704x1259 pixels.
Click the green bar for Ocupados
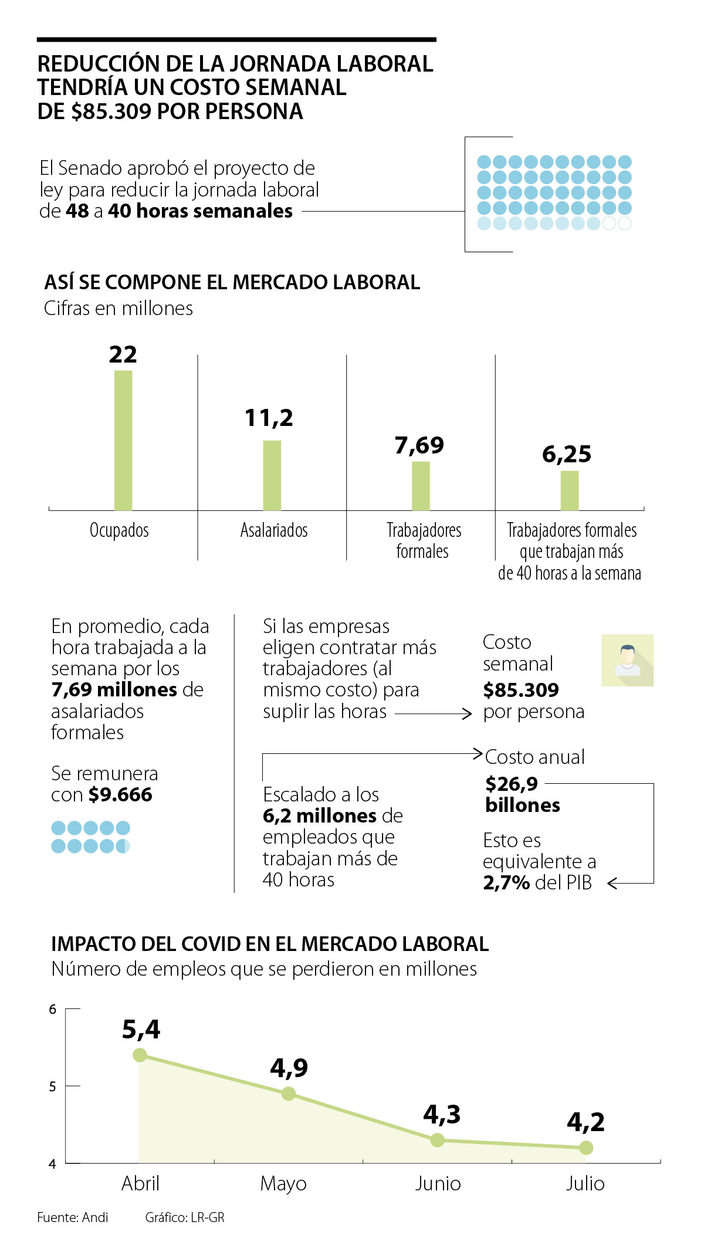tap(123, 440)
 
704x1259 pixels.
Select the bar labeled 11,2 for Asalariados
tap(272, 475)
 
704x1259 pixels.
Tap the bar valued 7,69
tap(421, 486)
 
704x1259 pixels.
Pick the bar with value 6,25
tap(570, 490)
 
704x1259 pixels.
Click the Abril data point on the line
tap(140, 1055)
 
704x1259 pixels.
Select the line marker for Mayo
tap(289, 1094)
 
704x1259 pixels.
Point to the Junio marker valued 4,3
tap(437, 1140)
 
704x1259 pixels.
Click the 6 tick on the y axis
tap(53, 1010)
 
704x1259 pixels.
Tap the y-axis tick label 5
tap(53, 1087)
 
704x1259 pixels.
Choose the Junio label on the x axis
tap(438, 1184)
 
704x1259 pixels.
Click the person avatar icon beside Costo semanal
tap(627, 660)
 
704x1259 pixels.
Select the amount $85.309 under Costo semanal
tap(521, 690)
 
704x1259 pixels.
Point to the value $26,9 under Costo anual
tap(512, 784)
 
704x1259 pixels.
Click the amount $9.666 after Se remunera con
tap(120, 795)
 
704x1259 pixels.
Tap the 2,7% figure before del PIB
tap(507, 882)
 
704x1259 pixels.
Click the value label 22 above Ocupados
tap(123, 354)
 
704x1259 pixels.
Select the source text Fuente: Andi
tap(73, 1217)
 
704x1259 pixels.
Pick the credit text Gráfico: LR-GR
tap(185, 1217)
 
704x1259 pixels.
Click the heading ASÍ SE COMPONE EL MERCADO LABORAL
tap(232, 282)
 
